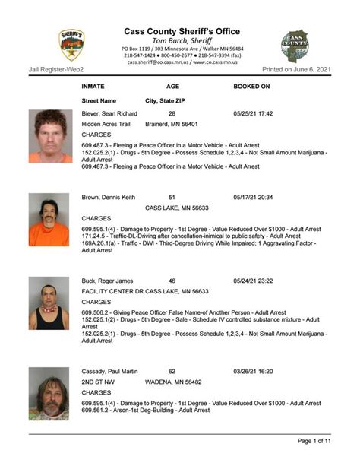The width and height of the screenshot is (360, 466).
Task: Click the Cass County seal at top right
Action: [295, 46]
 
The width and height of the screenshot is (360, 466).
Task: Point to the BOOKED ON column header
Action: [251, 87]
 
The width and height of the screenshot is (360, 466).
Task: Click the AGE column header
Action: [173, 87]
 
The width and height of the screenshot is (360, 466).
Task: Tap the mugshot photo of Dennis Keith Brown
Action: [49, 219]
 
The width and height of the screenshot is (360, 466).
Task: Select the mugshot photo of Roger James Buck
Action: [49, 303]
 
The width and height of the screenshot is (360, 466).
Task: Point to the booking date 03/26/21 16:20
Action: [253, 372]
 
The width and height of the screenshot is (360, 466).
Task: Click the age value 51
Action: [172, 197]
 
